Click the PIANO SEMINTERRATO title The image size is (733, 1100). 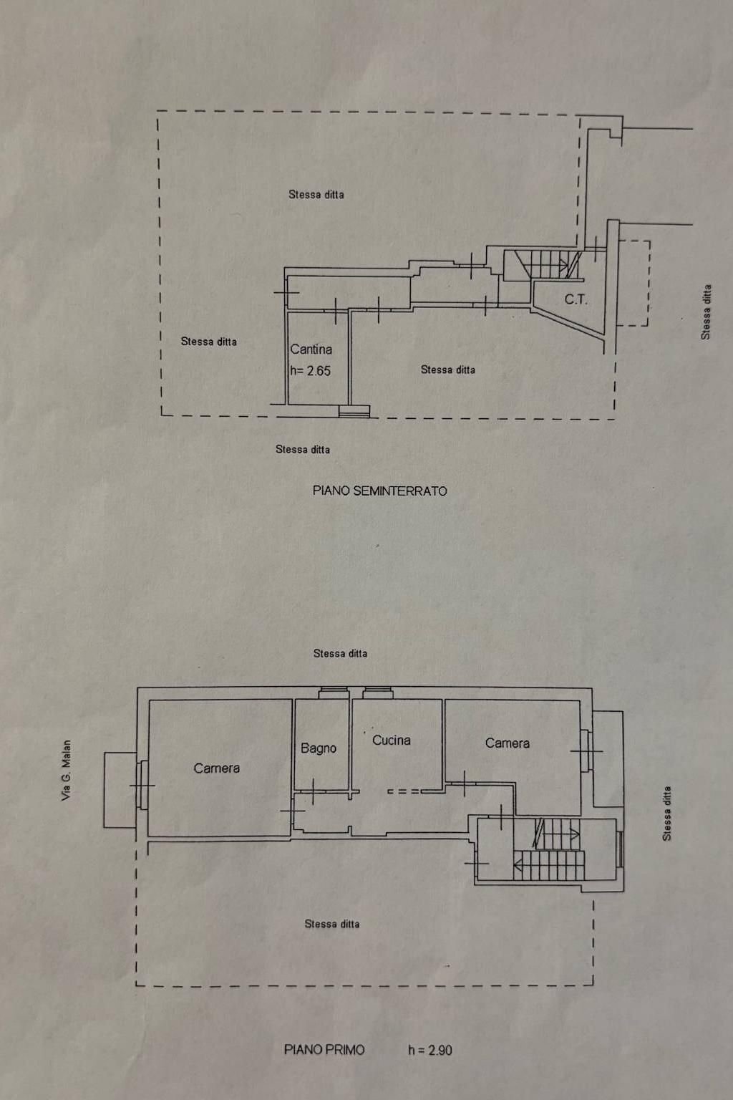coord(379,491)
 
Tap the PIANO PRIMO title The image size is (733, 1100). coord(324,1050)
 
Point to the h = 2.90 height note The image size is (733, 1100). coord(430,1050)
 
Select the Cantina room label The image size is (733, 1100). coord(311,349)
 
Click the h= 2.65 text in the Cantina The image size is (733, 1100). coord(311,370)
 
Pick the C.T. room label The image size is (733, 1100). coord(576,299)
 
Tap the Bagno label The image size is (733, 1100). coord(319,748)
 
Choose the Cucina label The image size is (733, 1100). coord(392,740)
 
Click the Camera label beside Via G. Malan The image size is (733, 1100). coord(216,768)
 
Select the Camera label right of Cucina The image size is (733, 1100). coord(508,743)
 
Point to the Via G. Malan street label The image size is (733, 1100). coord(67,771)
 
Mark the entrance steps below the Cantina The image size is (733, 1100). coord(354,411)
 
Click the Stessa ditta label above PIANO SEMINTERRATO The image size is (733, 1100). coord(303,450)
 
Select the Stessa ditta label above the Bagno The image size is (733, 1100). coord(340,653)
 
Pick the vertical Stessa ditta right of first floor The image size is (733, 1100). coord(667,814)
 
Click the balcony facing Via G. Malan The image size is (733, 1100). coord(120,790)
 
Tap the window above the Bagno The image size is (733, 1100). coord(333,692)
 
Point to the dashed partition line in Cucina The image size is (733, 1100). coord(404,791)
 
